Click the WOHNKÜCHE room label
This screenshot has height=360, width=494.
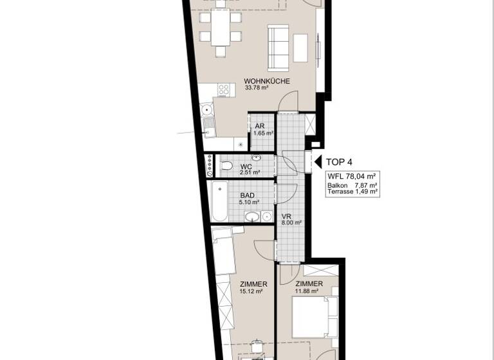(x=267, y=81)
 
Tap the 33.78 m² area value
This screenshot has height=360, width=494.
(x=257, y=88)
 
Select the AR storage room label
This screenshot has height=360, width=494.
(x=260, y=126)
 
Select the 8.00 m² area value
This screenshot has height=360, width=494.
(x=291, y=224)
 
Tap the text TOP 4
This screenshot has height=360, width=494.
(x=340, y=163)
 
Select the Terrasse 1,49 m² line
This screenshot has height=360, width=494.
(x=352, y=192)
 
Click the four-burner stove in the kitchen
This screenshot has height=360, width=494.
(x=224, y=91)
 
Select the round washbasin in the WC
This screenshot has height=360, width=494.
(x=257, y=157)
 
